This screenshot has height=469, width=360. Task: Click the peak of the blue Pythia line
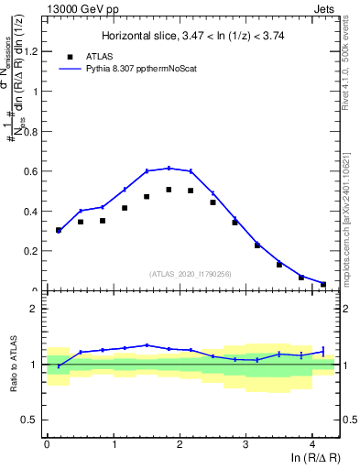pyautogui.click(x=169, y=168)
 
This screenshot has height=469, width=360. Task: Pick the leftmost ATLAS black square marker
pyautogui.click(x=59, y=230)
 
